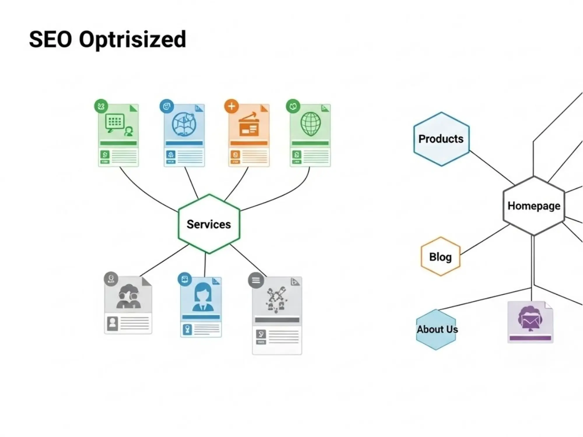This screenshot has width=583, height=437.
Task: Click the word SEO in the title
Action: tap(50, 39)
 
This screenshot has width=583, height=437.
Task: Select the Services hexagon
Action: tap(209, 224)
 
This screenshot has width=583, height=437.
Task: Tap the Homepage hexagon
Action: tap(534, 206)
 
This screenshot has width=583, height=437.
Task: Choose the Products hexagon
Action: tap(441, 139)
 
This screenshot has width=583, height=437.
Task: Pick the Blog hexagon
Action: tap(440, 257)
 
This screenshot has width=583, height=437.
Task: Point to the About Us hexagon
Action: tap(436, 329)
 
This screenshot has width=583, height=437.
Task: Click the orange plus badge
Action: tap(231, 106)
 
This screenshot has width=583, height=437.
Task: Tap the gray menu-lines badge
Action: tap(256, 280)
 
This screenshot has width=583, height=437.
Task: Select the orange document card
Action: tap(249, 135)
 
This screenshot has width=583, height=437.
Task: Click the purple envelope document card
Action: tap(530, 322)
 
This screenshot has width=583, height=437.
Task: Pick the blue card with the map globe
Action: tap(184, 135)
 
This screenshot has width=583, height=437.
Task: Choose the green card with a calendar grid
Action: tap(118, 135)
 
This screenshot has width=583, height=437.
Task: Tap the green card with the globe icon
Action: tap(310, 135)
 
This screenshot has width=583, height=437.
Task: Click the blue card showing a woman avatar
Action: tap(201, 307)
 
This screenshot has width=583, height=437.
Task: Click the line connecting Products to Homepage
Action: tap(492, 168)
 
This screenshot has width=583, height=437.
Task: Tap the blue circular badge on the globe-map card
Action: tap(167, 106)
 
